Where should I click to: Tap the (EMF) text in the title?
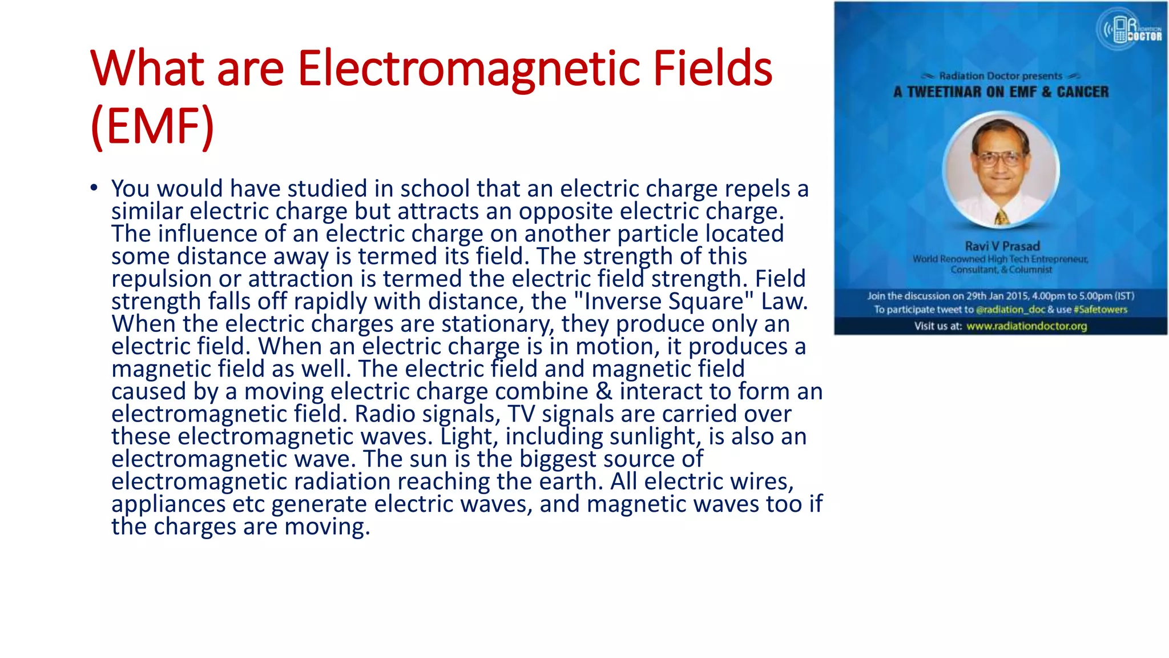(152, 126)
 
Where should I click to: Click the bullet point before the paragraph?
(94, 187)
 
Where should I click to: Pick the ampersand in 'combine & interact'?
(604, 391)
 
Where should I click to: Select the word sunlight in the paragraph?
(656, 436)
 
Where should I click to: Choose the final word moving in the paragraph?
(327, 526)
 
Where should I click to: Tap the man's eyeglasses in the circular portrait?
(1000, 157)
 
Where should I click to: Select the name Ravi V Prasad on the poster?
(1002, 246)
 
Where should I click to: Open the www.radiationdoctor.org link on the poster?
(1026, 326)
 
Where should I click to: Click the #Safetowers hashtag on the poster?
(1100, 310)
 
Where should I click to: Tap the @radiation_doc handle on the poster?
(1010, 310)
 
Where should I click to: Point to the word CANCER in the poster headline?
(1082, 92)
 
